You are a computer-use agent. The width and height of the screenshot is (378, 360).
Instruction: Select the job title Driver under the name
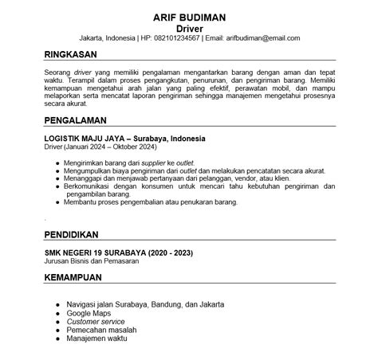coord(190,27)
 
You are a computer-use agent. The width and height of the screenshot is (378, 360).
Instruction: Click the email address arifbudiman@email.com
coord(252,37)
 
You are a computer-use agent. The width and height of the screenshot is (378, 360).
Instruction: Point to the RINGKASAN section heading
coord(71,55)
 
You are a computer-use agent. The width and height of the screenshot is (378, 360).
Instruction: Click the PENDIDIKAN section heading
coord(71,235)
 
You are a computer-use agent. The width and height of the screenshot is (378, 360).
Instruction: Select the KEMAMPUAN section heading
coord(74,278)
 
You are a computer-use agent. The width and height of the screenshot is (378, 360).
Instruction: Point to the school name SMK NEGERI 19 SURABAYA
coord(96,252)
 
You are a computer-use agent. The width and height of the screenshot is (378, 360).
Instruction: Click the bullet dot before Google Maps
coord(57,313)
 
